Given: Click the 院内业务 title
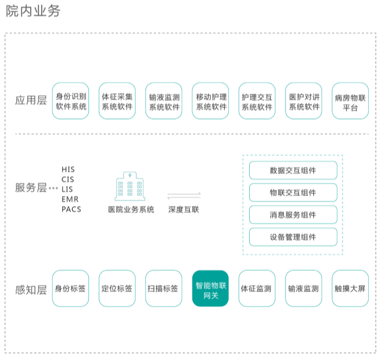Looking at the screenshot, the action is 33,11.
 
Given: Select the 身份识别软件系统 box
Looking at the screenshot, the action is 71,101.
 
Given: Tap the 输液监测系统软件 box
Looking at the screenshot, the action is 164,101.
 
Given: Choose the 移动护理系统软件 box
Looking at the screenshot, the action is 211,101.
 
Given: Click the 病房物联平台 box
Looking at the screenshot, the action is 350,101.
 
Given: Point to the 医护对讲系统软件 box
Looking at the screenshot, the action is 304,101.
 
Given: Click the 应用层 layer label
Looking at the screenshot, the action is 31,100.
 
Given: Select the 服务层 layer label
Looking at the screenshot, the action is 31,187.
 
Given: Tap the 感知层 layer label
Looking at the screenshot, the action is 31,290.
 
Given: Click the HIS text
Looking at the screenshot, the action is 68,170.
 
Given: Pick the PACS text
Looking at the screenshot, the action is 71,209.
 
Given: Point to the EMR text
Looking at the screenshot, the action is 70,199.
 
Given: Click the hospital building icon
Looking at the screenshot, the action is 130,186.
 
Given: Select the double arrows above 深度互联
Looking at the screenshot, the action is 184,196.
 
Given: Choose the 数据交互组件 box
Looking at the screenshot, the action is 293,170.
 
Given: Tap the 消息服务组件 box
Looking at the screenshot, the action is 293,215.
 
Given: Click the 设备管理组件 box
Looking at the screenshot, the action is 293,237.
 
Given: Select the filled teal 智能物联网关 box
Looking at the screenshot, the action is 211,288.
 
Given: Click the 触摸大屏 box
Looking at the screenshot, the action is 350,288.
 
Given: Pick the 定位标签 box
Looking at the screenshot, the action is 117,288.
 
